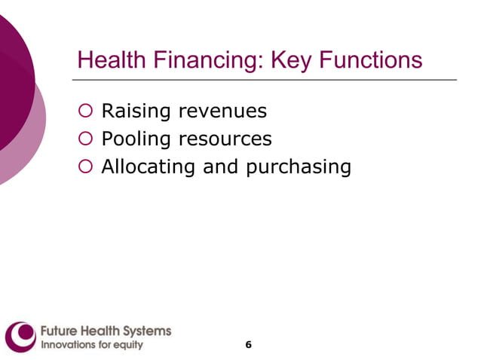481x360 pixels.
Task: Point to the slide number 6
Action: (248, 345)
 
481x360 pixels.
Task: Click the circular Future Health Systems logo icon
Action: (20, 337)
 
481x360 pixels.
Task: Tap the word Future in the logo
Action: (57, 331)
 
